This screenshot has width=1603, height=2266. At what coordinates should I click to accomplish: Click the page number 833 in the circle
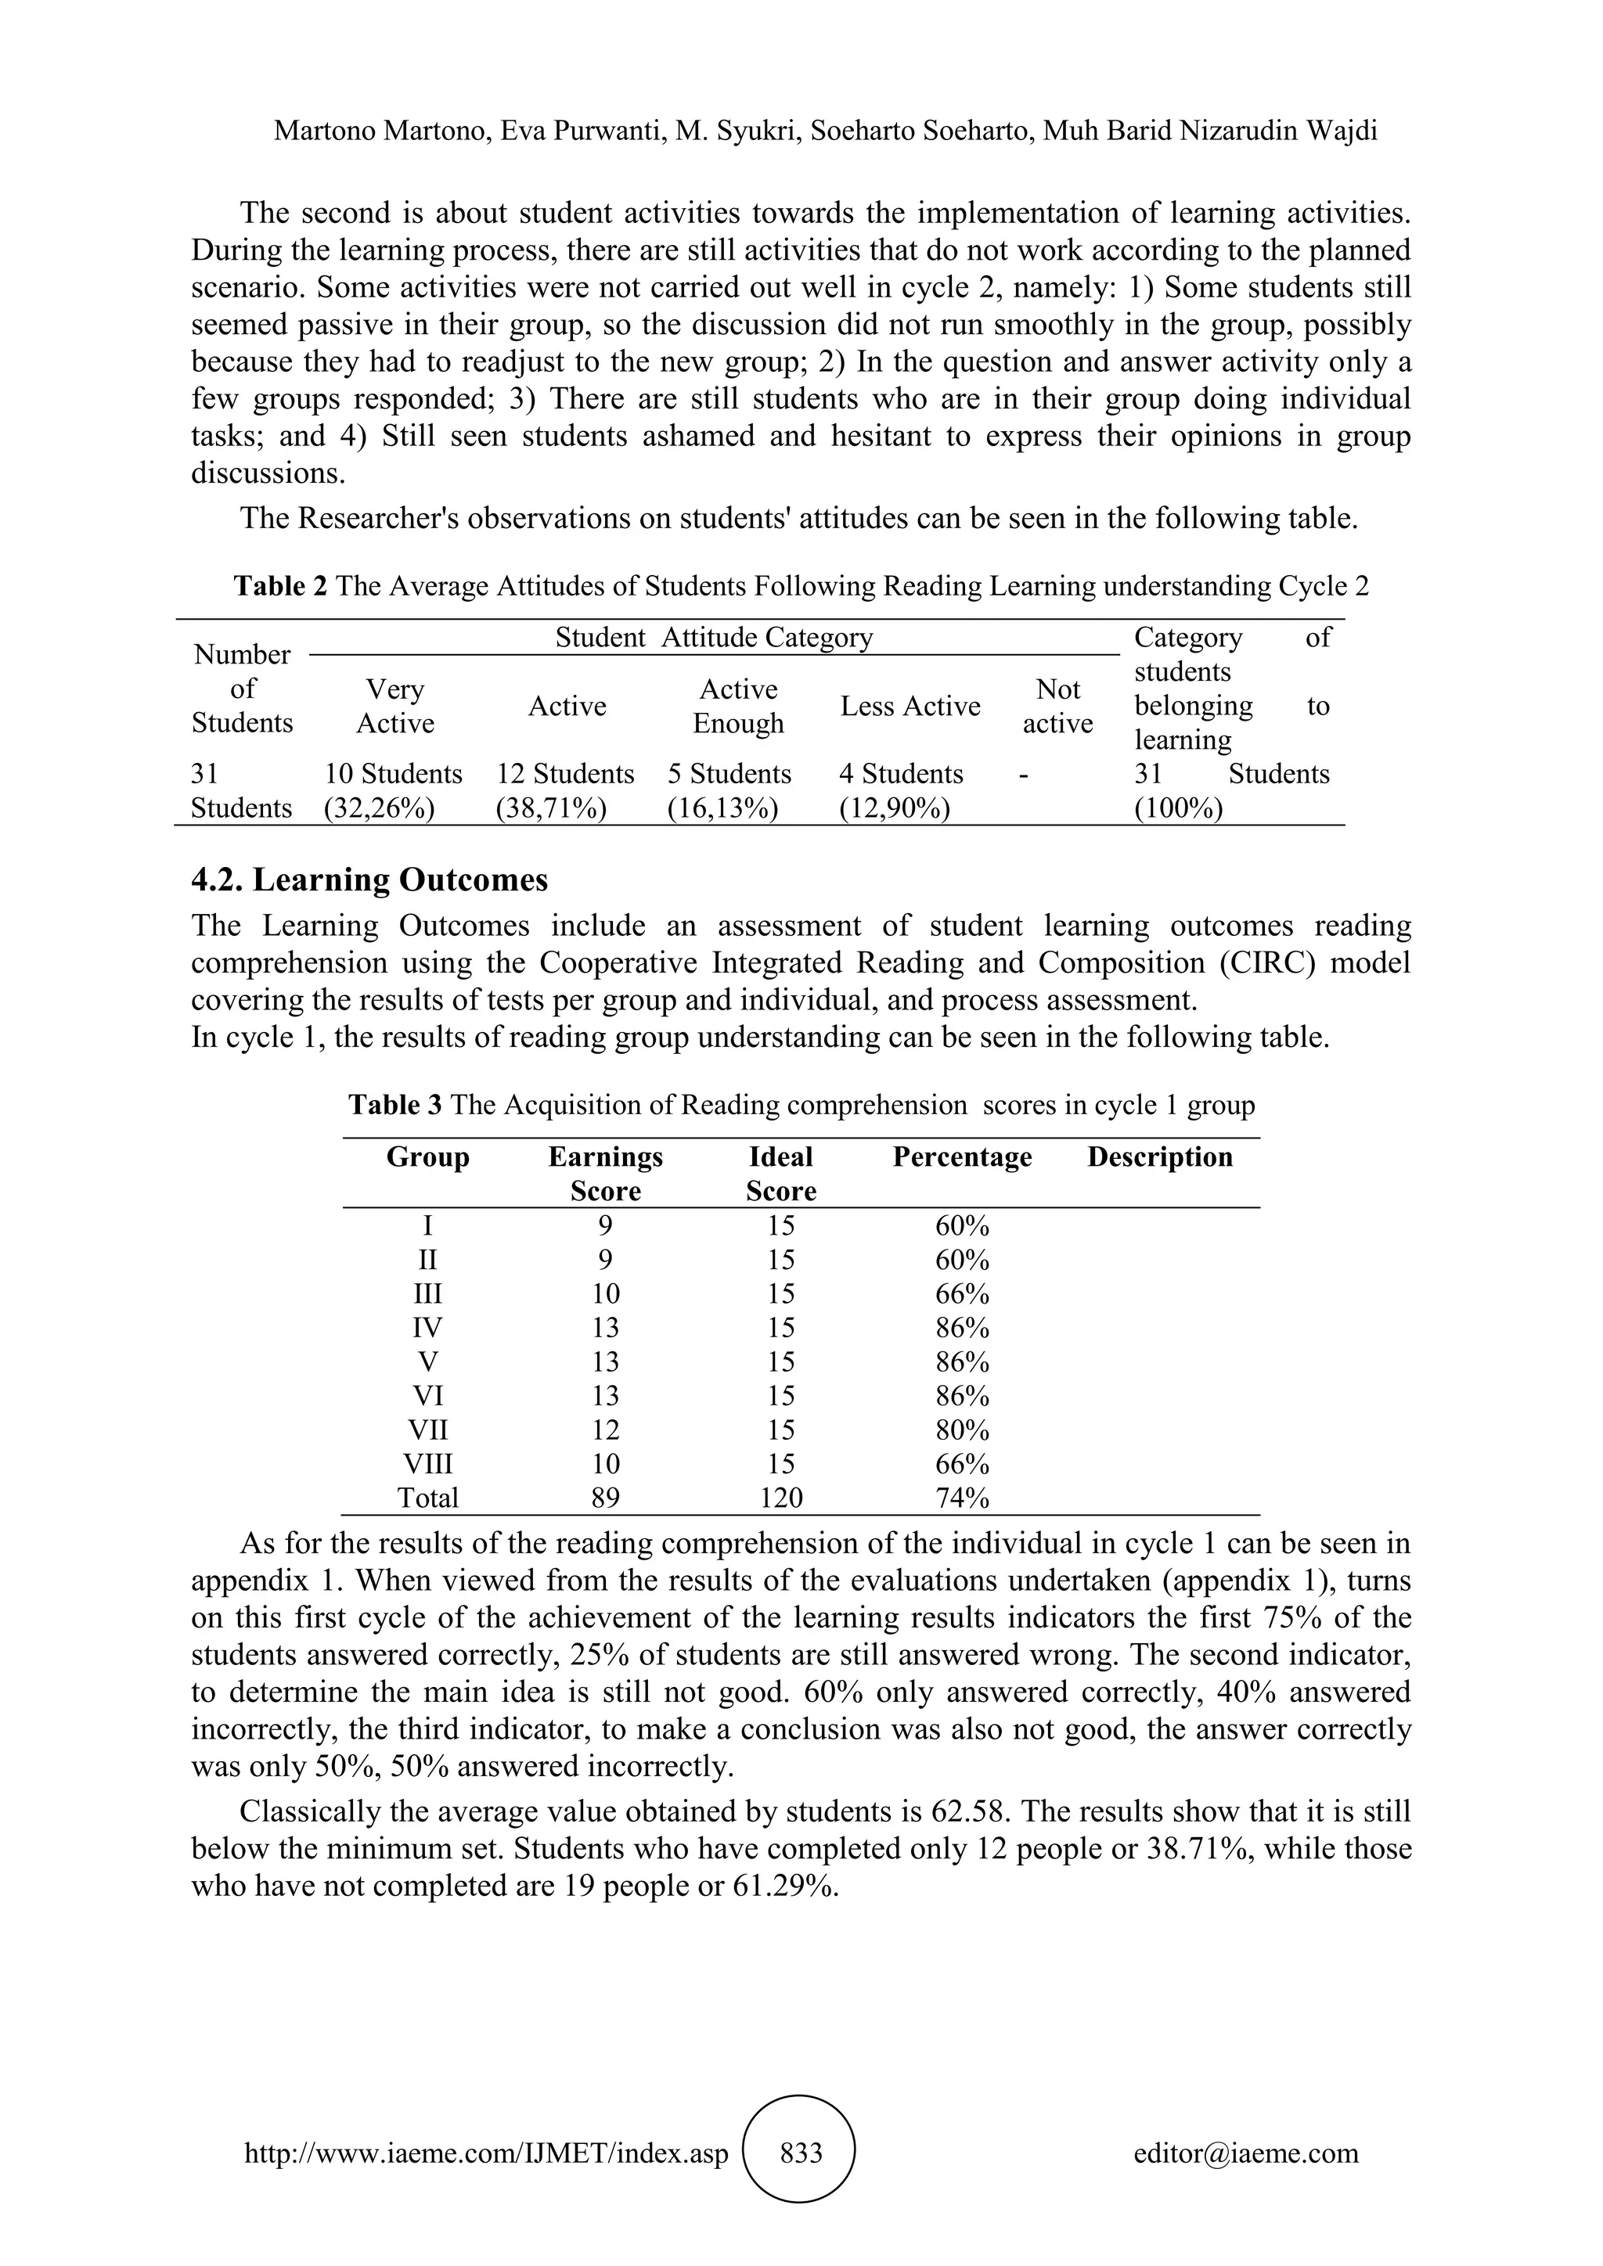(801, 2153)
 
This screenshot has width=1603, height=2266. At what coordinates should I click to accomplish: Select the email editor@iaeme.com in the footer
(1245, 2153)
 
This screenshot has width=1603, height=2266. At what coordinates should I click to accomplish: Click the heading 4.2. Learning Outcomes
(369, 879)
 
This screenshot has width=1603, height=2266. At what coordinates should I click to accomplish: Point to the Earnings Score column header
(605, 1174)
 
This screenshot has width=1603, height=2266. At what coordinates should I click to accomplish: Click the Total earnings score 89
(605, 1498)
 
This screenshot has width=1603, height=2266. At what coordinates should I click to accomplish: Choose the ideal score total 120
(781, 1498)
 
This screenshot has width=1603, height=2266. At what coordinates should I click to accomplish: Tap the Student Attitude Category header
(714, 638)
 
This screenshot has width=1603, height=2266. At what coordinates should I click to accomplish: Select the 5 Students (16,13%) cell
(729, 790)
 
